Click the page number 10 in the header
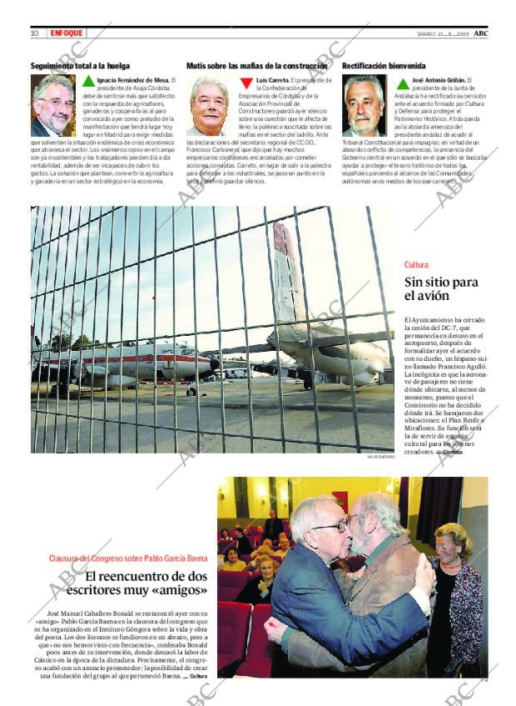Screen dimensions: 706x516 coord(35,33)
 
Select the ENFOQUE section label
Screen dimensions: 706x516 coord(66,33)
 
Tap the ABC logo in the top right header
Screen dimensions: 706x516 coord(480,33)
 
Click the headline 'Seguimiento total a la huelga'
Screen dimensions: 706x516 coord(80,65)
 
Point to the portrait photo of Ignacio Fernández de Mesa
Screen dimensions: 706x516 coord(52,106)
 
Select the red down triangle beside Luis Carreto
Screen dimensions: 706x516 coord(246,83)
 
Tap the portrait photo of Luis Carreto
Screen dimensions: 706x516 coord(208,106)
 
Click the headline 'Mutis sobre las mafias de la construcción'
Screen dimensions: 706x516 coord(256,65)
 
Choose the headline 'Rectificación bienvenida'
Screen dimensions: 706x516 coord(384,65)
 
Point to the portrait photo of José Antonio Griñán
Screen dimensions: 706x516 coord(364,106)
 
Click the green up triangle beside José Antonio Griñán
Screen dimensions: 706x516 coord(402,82)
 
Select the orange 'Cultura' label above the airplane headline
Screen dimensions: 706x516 coord(416,265)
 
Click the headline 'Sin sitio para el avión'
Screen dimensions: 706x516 coord(441,288)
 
